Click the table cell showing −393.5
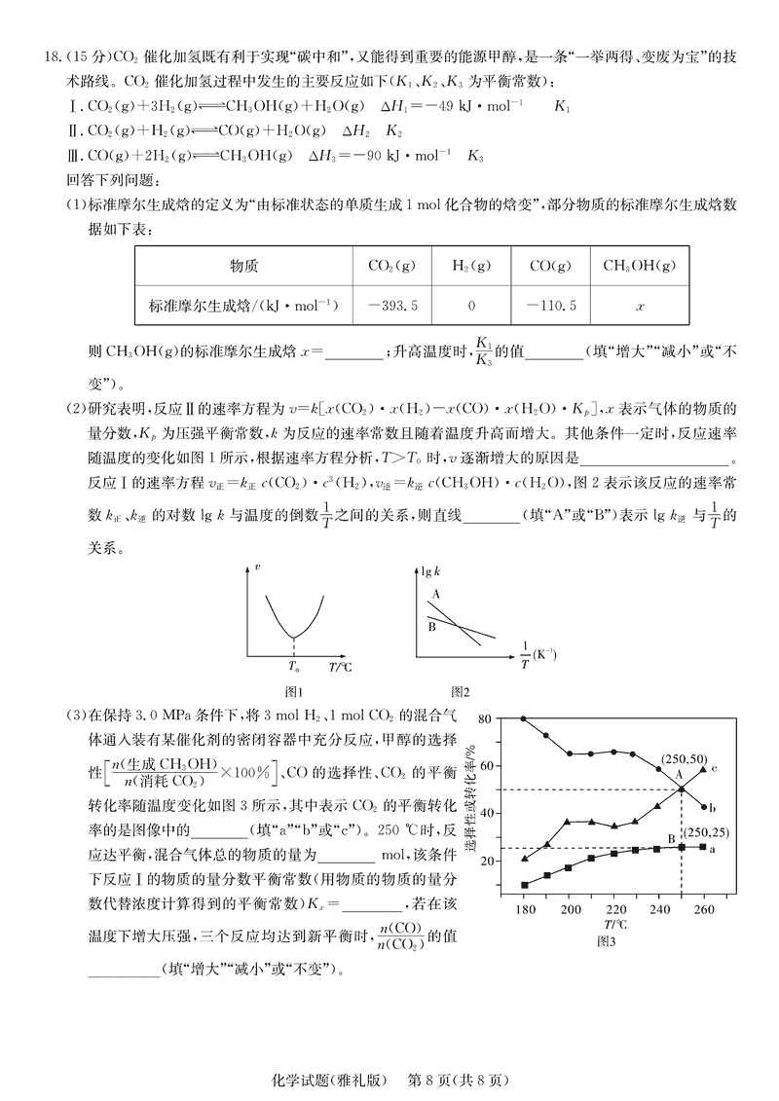pyautogui.click(x=394, y=305)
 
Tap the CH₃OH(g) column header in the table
pyautogui.click(x=639, y=265)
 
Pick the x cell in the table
pyautogui.click(x=639, y=305)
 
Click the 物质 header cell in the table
pyautogui.click(x=242, y=265)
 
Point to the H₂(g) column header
pyautogui.click(x=472, y=265)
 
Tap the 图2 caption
pyautogui.click(x=461, y=692)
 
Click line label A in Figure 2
pyautogui.click(x=436, y=594)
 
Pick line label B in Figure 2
pyautogui.click(x=432, y=626)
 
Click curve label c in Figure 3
pyautogui.click(x=714, y=768)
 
